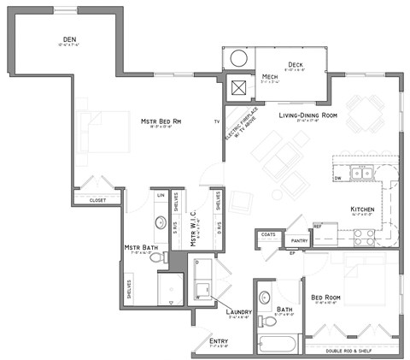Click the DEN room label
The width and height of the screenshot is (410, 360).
click(71, 39)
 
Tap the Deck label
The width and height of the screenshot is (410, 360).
click(296, 63)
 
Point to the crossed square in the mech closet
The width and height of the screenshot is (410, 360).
click(237, 86)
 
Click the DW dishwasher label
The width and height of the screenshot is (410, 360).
click(338, 178)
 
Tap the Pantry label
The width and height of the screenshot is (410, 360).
click(298, 242)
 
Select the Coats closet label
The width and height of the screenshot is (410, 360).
click(267, 233)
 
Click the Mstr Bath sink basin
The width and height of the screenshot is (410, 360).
click(160, 223)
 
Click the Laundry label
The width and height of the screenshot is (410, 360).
click(237, 312)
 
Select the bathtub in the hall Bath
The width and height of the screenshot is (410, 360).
click(275, 345)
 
